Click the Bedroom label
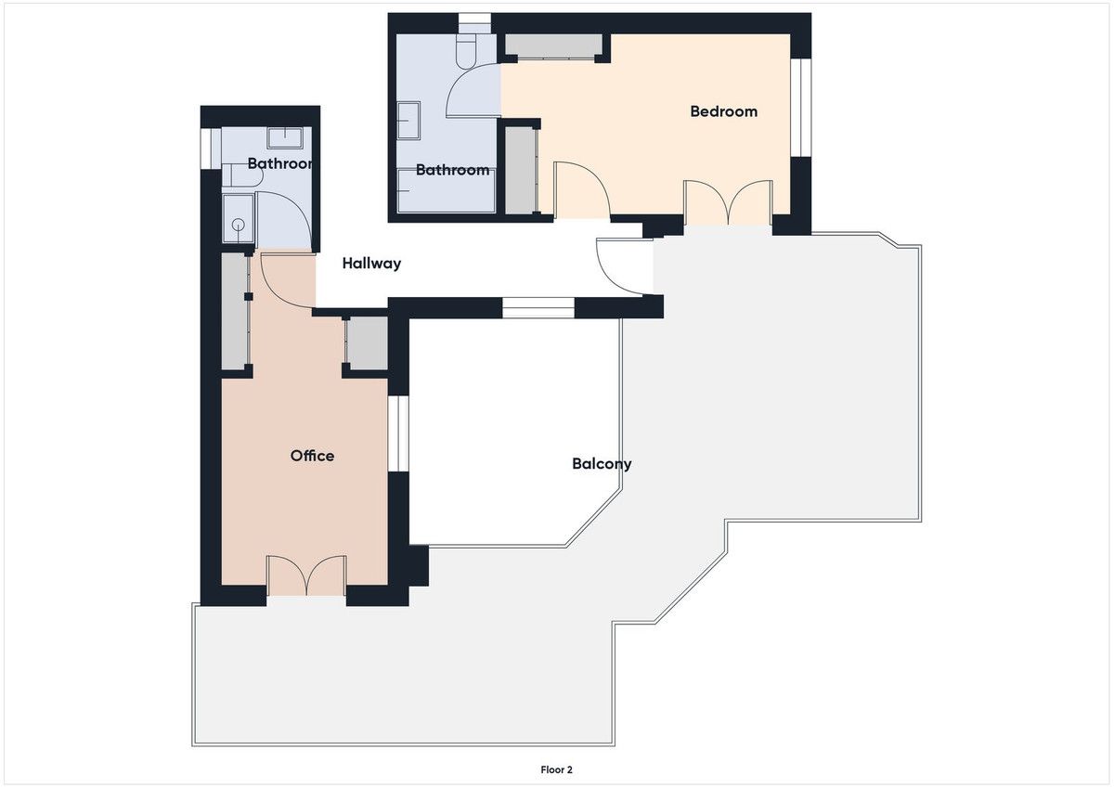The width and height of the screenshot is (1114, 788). pos(723,111)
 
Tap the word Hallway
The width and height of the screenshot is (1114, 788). pos(371,264)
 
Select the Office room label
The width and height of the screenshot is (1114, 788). pos(312,456)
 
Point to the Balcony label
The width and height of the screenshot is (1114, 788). pos(602,464)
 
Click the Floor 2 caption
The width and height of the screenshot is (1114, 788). pos(556,770)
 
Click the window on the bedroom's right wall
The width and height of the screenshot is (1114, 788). pos(801,108)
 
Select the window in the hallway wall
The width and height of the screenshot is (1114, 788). pos(538,308)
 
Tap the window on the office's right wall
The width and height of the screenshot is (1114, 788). pos(398,433)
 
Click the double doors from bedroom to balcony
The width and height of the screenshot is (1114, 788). pos(729,203)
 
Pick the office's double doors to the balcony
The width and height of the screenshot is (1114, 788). pos(306,575)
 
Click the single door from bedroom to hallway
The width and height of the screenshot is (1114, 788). pos(581,190)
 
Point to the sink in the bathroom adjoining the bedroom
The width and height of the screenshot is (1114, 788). pos(408,121)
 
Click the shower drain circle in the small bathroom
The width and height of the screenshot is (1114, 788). pos(240,225)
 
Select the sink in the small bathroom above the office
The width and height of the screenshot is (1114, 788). pos(285,138)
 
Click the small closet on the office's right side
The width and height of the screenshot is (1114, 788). pos(367,343)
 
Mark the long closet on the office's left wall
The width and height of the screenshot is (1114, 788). pos(234,311)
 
